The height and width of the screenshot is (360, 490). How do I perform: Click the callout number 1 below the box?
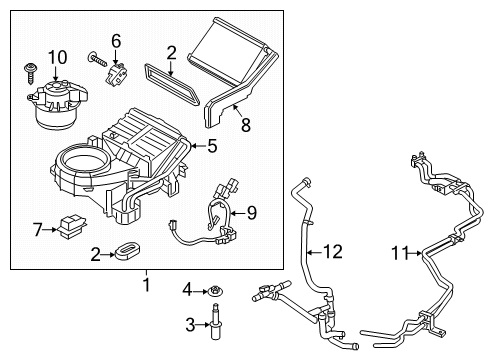click(146, 285)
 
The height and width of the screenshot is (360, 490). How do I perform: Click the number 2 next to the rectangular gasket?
click(171, 52)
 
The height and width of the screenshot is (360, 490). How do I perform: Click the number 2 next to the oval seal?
click(93, 255)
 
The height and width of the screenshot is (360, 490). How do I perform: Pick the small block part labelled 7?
click(70, 227)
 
